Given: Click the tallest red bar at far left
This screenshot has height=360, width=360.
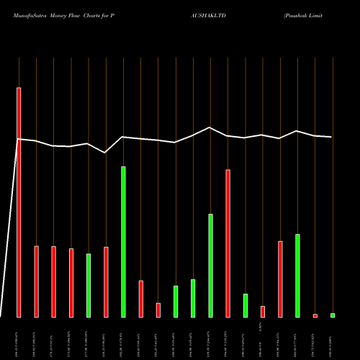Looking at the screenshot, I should pos(19,202).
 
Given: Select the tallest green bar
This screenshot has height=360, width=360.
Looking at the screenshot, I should pos(123,241).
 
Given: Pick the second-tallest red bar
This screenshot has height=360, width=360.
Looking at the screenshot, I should pos(228,243).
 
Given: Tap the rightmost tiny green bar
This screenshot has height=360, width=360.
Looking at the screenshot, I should pos(333,315).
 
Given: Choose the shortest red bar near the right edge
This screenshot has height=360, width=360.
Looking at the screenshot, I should pos(315,315).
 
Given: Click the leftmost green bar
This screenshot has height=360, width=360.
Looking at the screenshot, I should pos(89,285).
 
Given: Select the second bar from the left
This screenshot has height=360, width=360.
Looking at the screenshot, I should pos(36,282).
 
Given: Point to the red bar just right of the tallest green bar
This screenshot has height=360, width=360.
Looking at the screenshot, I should pos(141,299).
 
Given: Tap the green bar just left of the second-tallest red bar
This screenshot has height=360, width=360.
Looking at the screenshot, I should pos(210,265).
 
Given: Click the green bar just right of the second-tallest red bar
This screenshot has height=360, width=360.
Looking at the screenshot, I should pos(245,305).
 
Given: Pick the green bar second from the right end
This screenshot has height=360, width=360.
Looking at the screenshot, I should pos(297,275).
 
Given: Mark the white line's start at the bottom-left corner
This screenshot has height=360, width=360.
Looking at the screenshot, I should pos(1,315).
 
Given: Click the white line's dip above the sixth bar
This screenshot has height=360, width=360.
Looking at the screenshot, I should pos(105,153).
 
